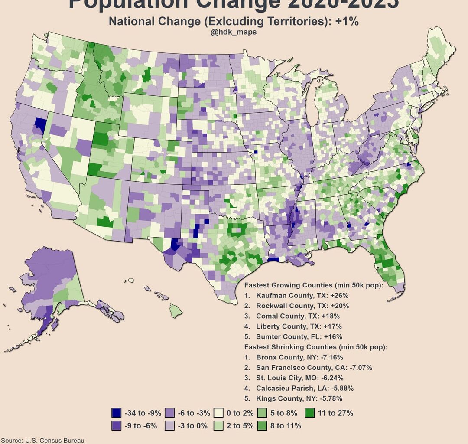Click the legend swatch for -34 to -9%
click(116, 413)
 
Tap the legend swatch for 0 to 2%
click(219, 413)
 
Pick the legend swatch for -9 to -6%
click(116, 425)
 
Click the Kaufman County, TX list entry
click(302, 295)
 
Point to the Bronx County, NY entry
click(299, 358)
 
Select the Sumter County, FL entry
click(299, 336)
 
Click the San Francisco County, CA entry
click(314, 368)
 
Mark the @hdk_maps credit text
click(234, 33)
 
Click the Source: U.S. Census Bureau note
click(42, 440)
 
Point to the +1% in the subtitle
click(347, 21)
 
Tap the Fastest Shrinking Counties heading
click(315, 347)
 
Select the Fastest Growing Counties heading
click(311, 285)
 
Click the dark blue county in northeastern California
click(40, 124)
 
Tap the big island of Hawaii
click(175, 310)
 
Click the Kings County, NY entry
click(299, 398)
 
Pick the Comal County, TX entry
click(298, 316)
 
